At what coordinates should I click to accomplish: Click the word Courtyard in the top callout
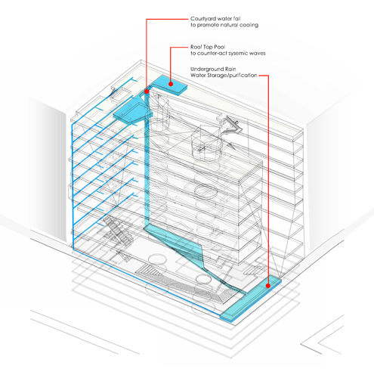202,19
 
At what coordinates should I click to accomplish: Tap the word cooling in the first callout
249,25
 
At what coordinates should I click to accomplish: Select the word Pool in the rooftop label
220,47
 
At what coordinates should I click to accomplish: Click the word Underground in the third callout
206,69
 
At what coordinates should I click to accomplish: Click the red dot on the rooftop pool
171,84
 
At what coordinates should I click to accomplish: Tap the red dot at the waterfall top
147,91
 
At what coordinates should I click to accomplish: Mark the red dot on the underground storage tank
268,286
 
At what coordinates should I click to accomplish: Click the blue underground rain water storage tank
251,299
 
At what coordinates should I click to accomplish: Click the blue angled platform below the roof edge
131,112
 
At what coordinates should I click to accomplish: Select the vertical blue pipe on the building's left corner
73,187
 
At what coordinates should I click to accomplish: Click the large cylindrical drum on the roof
207,144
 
